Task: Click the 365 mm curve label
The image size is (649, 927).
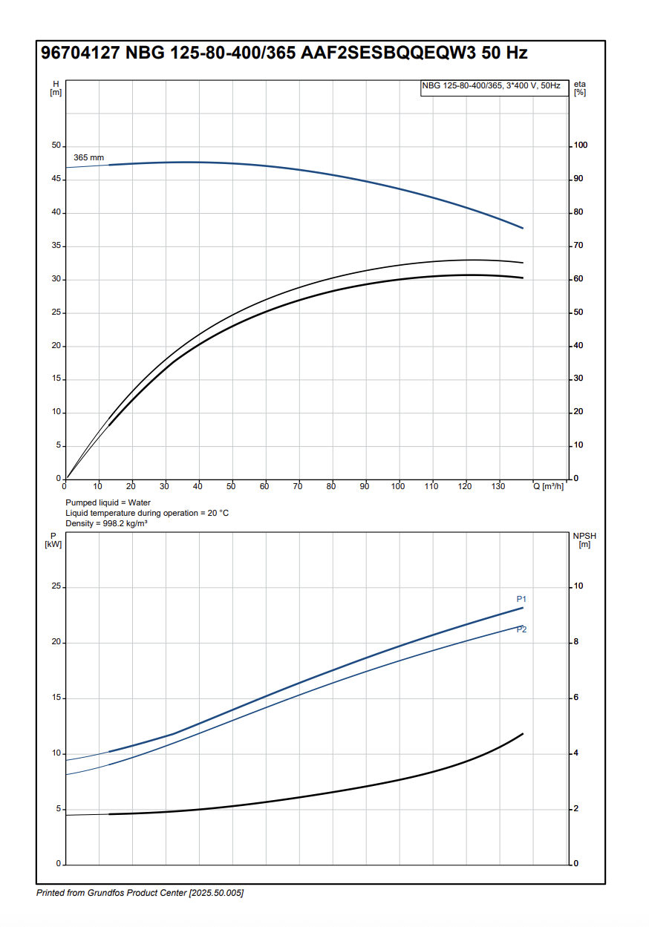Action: (x=88, y=158)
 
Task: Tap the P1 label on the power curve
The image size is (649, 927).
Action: (x=521, y=599)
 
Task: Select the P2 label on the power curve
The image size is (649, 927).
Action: (x=521, y=629)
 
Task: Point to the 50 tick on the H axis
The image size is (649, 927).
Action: (x=56, y=145)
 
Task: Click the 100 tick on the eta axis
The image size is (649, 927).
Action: (x=581, y=145)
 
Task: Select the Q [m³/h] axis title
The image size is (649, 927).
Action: (x=548, y=486)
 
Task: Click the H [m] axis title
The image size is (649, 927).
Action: (x=56, y=88)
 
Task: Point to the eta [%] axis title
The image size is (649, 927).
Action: (x=580, y=88)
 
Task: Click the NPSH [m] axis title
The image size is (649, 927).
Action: (x=584, y=540)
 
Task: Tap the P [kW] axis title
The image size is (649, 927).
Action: (x=53, y=540)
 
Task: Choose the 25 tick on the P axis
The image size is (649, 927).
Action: (x=56, y=587)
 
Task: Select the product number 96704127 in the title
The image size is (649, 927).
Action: (x=79, y=53)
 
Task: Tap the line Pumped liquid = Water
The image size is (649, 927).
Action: (x=108, y=502)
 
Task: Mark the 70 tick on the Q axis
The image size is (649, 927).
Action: (x=298, y=486)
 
